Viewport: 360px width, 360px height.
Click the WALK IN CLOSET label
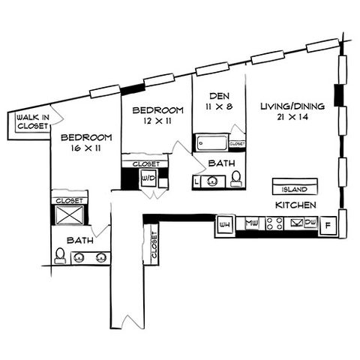pos(33,121)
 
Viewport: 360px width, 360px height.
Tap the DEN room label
pos(219,96)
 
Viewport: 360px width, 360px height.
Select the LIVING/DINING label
pos(292,106)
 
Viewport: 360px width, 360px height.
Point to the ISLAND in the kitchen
pos(295,187)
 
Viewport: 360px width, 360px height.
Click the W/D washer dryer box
pos(148,178)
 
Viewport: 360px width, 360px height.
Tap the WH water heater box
pos(224,224)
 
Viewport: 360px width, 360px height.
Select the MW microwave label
pos(252,222)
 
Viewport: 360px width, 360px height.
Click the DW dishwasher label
pos(310,222)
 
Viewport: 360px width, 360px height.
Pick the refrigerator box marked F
pos(328,226)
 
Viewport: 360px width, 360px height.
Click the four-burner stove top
pos(274,223)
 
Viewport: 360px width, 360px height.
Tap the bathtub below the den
pos(212,143)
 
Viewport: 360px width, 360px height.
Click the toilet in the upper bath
pos(236,179)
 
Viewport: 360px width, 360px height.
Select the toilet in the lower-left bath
pos(60,256)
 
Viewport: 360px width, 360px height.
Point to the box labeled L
pos(196,181)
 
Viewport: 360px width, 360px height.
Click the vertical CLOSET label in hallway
pos(154,245)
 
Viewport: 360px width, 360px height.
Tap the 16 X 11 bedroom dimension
pos(85,148)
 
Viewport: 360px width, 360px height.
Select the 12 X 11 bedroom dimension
pos(157,121)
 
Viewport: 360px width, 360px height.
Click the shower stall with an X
pos(69,215)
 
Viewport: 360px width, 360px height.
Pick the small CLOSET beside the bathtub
pos(237,144)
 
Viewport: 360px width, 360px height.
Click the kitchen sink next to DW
pos(297,223)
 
